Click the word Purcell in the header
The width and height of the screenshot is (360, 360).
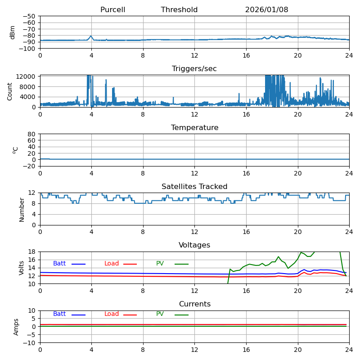tap(112, 10)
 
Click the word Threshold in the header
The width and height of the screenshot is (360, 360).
tap(179, 10)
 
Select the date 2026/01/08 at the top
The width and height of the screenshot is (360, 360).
tap(266, 10)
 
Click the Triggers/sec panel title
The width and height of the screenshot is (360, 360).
tap(194, 69)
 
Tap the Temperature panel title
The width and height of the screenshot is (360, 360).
tap(194, 128)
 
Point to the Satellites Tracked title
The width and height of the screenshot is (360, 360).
tap(194, 187)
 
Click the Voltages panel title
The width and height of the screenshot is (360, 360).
tap(194, 245)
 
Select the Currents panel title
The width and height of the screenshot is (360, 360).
tap(194, 304)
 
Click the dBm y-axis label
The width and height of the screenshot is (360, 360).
tap(13, 32)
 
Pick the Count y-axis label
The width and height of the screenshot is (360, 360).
tap(10, 91)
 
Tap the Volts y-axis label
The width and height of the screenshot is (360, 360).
tap(22, 268)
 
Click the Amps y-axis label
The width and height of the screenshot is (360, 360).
tap(16, 327)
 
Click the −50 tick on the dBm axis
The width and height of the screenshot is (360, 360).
tap(30, 16)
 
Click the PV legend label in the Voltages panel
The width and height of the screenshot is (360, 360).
tap(160, 264)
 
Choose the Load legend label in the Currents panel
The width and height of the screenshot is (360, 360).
tap(112, 314)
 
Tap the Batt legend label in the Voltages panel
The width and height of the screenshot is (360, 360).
tap(59, 264)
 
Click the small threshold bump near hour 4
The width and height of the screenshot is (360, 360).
tap(91, 36)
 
